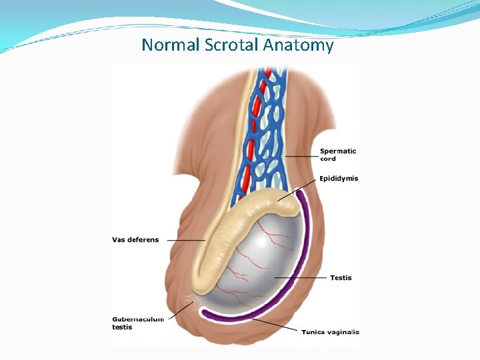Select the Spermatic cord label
coord(337,155)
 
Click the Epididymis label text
coord(339,179)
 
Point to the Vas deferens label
coord(135,240)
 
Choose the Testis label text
coord(341,277)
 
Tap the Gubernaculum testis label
coord(137,323)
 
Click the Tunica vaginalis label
coord(330,332)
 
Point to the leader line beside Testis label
coord(300,277)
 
